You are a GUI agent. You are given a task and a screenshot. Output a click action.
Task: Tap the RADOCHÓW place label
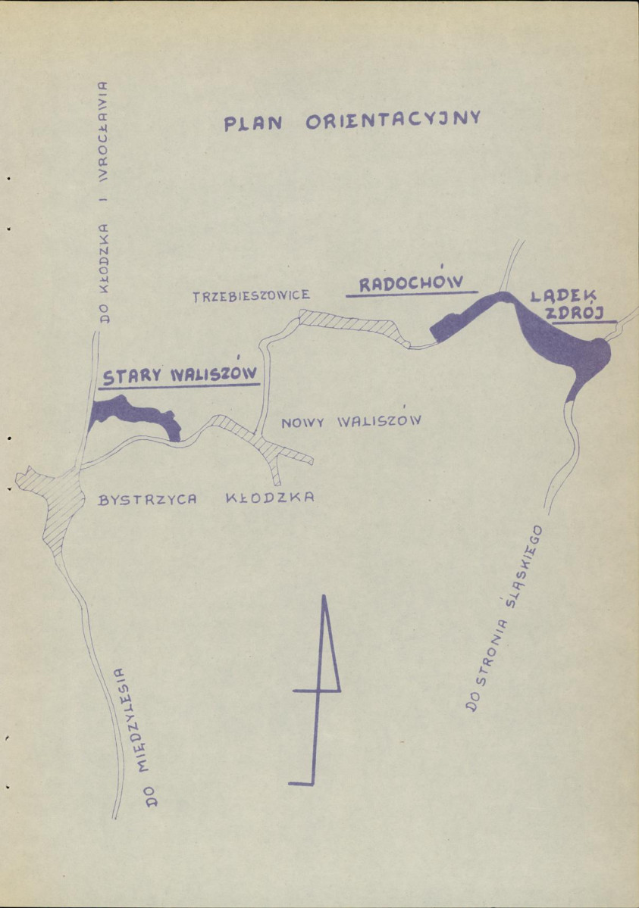pyautogui.click(x=410, y=283)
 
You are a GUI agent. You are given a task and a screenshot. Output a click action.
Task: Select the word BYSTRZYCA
pyautogui.click(x=149, y=500)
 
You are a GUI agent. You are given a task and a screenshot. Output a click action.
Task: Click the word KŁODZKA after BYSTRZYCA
pyautogui.click(x=270, y=498)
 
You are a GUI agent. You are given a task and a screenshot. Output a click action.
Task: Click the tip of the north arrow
pyautogui.click(x=324, y=596)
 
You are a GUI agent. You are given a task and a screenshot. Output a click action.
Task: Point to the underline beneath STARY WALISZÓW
pyautogui.click(x=180, y=385)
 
